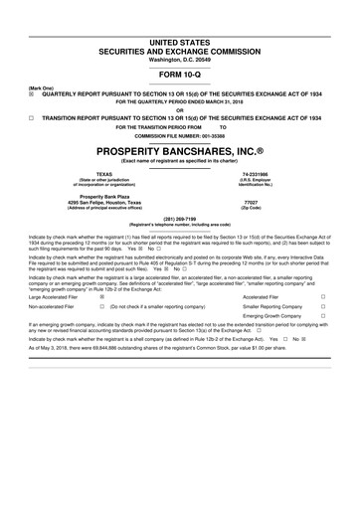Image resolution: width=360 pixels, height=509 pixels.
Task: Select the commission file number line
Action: [180, 136]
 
